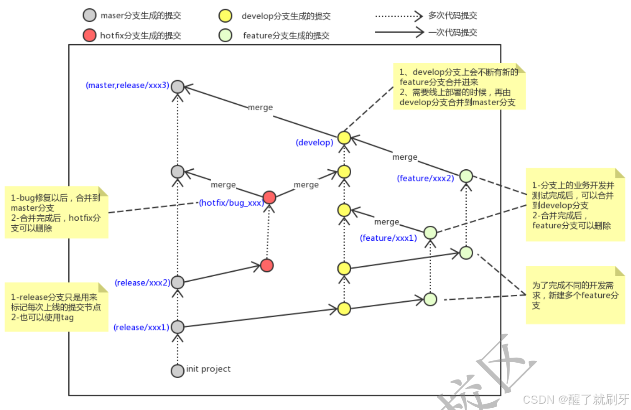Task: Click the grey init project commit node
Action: (x=177, y=370)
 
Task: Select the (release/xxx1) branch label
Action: (x=141, y=327)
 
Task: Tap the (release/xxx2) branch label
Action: (x=142, y=283)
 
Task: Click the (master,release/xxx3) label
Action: (x=127, y=85)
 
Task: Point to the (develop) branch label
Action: (x=314, y=142)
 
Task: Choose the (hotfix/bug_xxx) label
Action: (x=231, y=202)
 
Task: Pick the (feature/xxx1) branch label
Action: (x=388, y=238)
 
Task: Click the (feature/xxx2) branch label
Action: (x=425, y=178)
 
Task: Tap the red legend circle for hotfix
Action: (x=90, y=35)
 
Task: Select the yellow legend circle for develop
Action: (x=225, y=16)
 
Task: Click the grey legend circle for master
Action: (x=90, y=15)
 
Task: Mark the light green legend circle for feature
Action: (x=225, y=35)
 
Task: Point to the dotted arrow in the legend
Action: (x=399, y=16)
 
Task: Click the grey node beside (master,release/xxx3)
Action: (x=177, y=86)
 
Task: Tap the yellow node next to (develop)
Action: (x=344, y=137)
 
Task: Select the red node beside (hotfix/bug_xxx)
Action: (x=269, y=197)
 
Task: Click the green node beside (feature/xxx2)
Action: (x=466, y=176)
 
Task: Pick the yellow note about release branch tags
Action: (x=56, y=307)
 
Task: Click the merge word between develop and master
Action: (x=260, y=107)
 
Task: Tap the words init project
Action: (x=208, y=369)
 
